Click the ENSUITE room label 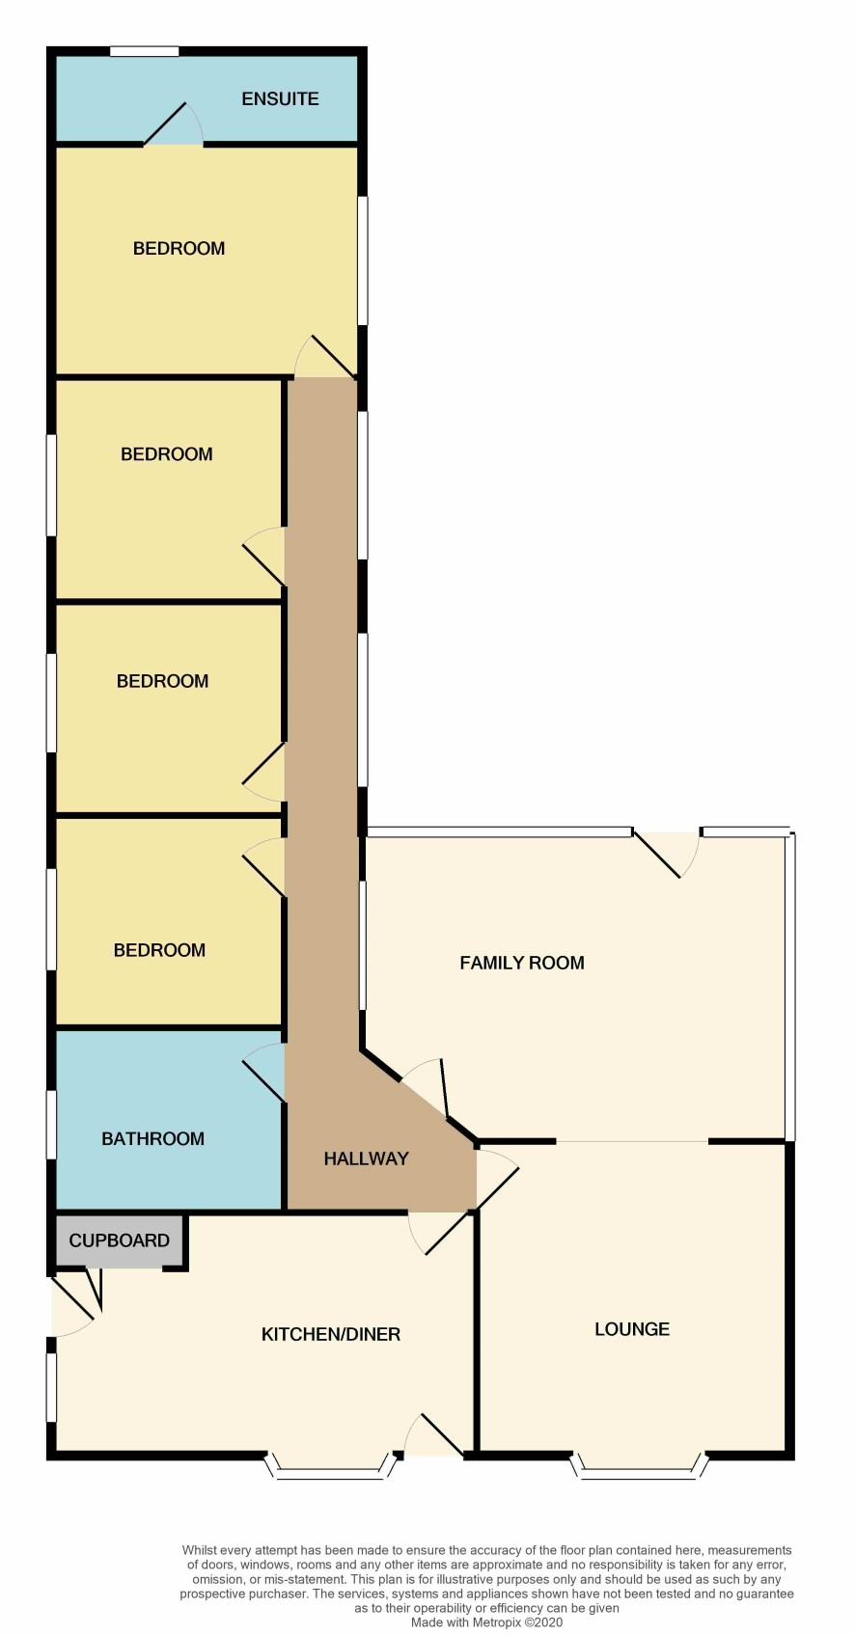(x=280, y=98)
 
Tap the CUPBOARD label (x=119, y=1240)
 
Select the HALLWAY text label (x=366, y=1158)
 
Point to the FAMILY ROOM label (x=522, y=963)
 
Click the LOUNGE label (x=632, y=1329)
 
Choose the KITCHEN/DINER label (x=331, y=1334)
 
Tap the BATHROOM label (x=152, y=1138)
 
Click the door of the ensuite (x=173, y=124)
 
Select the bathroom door (x=263, y=1072)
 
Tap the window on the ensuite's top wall (x=144, y=51)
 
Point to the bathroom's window (x=51, y=1124)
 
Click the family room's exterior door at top (x=667, y=854)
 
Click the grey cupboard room (x=119, y=1240)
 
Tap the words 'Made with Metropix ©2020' (x=487, y=1622)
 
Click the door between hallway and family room (x=425, y=1087)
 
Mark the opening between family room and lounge (x=632, y=1141)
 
